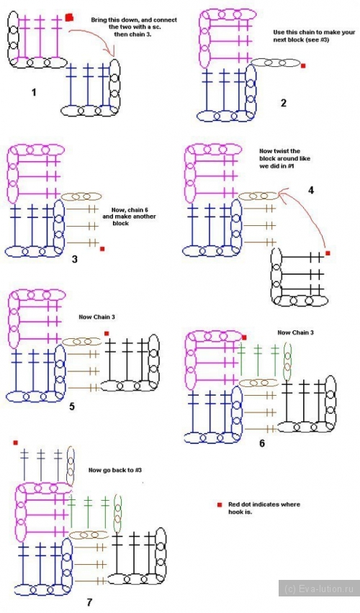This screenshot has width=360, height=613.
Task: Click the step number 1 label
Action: point(34,93)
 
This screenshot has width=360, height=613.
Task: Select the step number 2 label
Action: point(284,103)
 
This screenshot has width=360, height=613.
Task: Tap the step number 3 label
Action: point(75,259)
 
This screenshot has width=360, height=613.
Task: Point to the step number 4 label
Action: point(311,191)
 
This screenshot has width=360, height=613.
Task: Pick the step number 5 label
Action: point(72,407)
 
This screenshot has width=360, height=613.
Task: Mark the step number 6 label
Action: point(262,443)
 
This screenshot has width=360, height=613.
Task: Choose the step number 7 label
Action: point(89,602)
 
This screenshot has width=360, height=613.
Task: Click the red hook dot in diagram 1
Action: point(69,17)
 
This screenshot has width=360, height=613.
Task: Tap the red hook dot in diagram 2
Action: point(303,66)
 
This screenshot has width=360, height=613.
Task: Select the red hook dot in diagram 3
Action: point(102,249)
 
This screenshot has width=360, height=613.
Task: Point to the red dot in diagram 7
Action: point(16,442)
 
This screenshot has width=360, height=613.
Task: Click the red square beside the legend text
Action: point(220,504)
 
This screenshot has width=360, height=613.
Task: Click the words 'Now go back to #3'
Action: point(114,470)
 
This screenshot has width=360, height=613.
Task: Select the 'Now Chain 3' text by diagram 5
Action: point(97,317)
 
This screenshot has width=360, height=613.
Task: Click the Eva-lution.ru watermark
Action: point(319,589)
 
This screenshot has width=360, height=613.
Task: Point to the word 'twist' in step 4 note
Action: point(293,151)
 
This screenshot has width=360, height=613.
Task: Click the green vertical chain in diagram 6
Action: point(287,361)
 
